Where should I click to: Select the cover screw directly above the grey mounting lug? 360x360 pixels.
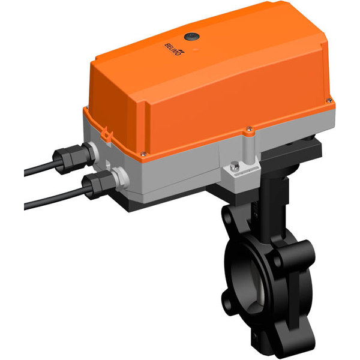pyautogui.click(x=248, y=127)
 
